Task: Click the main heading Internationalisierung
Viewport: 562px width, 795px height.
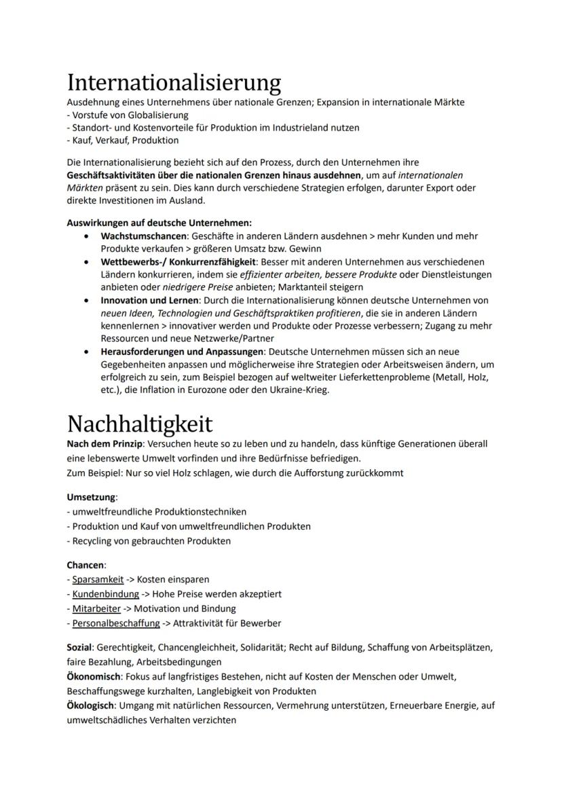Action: pos(174,84)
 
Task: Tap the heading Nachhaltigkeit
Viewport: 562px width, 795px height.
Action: pos(140,424)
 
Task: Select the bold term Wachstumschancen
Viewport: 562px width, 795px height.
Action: pos(145,236)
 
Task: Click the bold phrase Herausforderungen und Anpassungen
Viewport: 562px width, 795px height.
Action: pos(182,352)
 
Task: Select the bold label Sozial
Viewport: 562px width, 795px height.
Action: pos(79,648)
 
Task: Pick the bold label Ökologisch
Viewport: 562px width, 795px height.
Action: pos(90,706)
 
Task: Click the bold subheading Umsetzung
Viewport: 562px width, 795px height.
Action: pos(91,497)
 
